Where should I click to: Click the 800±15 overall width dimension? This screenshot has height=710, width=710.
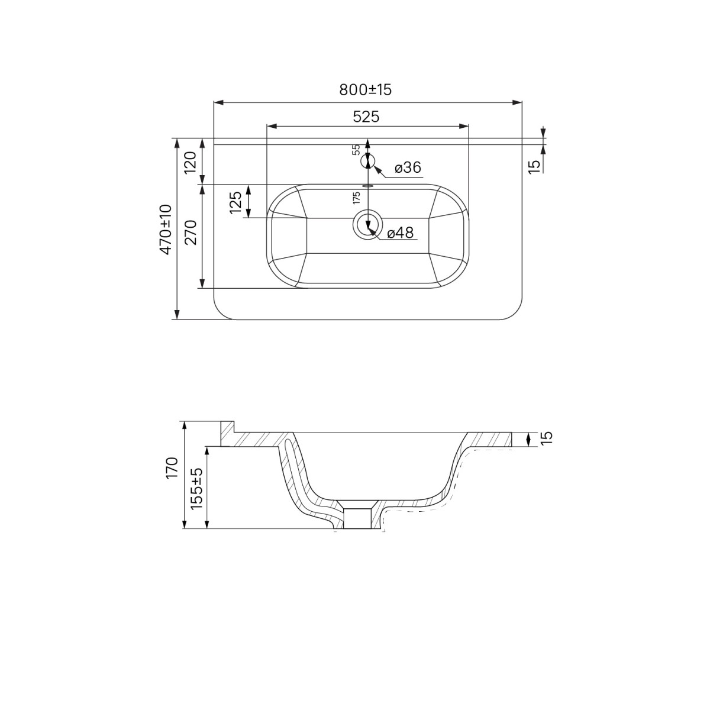[365, 89]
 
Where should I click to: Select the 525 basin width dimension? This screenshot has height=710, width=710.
[366, 117]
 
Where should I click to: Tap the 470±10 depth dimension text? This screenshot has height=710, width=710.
[166, 229]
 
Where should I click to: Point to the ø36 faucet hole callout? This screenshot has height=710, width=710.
[408, 167]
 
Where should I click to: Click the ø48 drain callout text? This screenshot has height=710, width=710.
[401, 233]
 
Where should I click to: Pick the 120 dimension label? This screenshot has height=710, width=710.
[191, 163]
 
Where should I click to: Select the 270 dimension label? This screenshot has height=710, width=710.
[191, 233]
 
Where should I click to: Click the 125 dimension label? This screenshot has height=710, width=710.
[235, 202]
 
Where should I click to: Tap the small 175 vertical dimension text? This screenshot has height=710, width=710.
[356, 198]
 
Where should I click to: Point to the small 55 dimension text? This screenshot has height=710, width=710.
[356, 149]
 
